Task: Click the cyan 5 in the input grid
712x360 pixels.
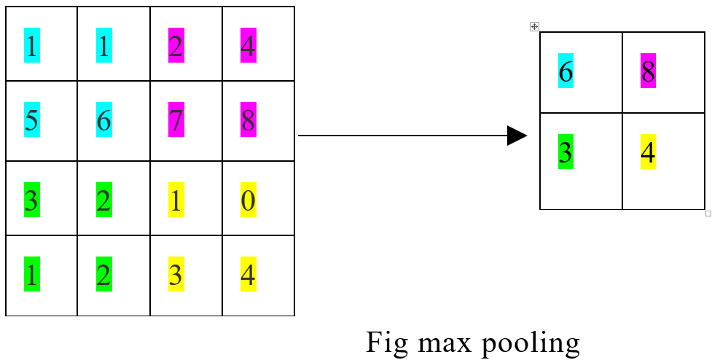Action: pyautogui.click(x=32, y=121)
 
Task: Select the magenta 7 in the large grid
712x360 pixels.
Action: pyautogui.click(x=176, y=121)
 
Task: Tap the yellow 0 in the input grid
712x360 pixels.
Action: pyautogui.click(x=249, y=200)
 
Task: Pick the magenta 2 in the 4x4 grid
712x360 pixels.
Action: pyautogui.click(x=176, y=46)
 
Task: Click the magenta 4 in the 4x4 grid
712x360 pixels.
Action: pyautogui.click(x=249, y=46)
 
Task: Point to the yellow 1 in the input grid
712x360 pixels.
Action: pyautogui.click(x=176, y=200)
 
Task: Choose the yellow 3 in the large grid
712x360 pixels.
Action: pyautogui.click(x=176, y=275)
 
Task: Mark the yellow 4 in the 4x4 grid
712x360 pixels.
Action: pyautogui.click(x=249, y=275)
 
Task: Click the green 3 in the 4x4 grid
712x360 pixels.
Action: pyautogui.click(x=32, y=200)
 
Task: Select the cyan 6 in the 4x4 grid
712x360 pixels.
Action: pyautogui.click(x=104, y=121)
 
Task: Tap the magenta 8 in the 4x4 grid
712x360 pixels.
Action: pyautogui.click(x=249, y=121)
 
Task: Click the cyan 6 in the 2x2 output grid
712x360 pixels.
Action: pyautogui.click(x=566, y=71)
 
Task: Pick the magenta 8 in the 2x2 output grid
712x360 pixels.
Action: pyautogui.click(x=649, y=71)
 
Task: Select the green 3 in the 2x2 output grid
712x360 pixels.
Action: pyautogui.click(x=566, y=152)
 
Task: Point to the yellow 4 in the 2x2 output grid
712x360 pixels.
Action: pyautogui.click(x=649, y=152)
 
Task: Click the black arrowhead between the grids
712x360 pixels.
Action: pyautogui.click(x=517, y=136)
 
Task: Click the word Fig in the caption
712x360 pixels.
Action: pyautogui.click(x=384, y=343)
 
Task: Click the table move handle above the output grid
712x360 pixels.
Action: pyautogui.click(x=534, y=27)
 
